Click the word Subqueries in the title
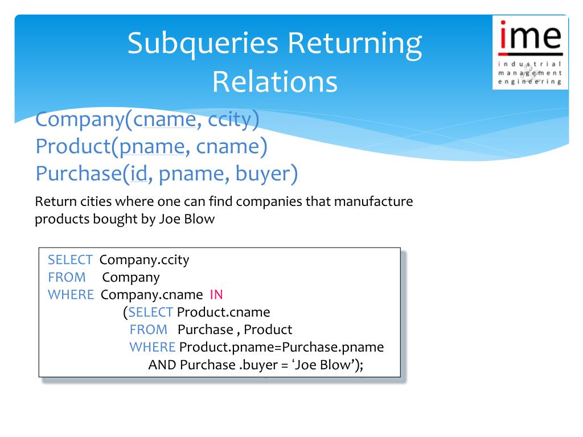click(203, 44)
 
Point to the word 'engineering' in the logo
click(529, 81)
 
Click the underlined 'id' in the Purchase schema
click(139, 174)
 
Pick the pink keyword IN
click(216, 295)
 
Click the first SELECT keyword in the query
click(70, 260)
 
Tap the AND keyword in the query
click(162, 365)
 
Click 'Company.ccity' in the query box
click(144, 260)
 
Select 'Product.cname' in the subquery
click(223, 312)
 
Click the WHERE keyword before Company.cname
click(71, 295)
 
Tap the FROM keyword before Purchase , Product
click(148, 329)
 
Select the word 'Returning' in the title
click(355, 44)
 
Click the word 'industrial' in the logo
click(529, 64)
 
